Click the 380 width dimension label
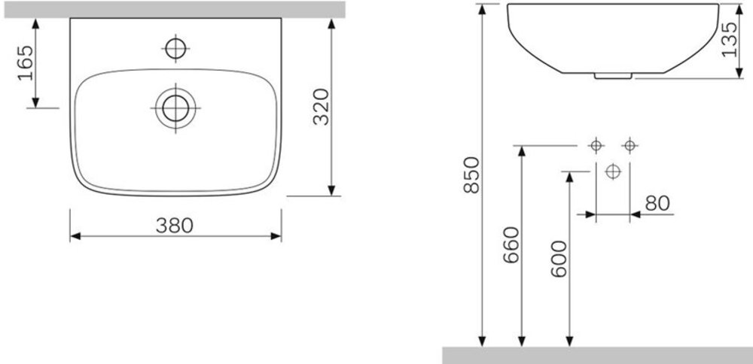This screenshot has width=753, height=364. coord(175,226)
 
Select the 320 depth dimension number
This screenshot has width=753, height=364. coord(322,107)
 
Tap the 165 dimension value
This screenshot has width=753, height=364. coord(26,63)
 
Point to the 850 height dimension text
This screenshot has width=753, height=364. coord(471,174)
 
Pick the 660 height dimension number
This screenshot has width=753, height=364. coord(511,244)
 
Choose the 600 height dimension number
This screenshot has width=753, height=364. coord(559,259)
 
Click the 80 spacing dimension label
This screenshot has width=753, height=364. coord(657,203)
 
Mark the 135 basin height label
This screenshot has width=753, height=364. coord(730,39)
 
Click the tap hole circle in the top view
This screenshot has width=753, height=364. coord(175,48)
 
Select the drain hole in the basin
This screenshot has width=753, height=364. coord(175,108)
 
